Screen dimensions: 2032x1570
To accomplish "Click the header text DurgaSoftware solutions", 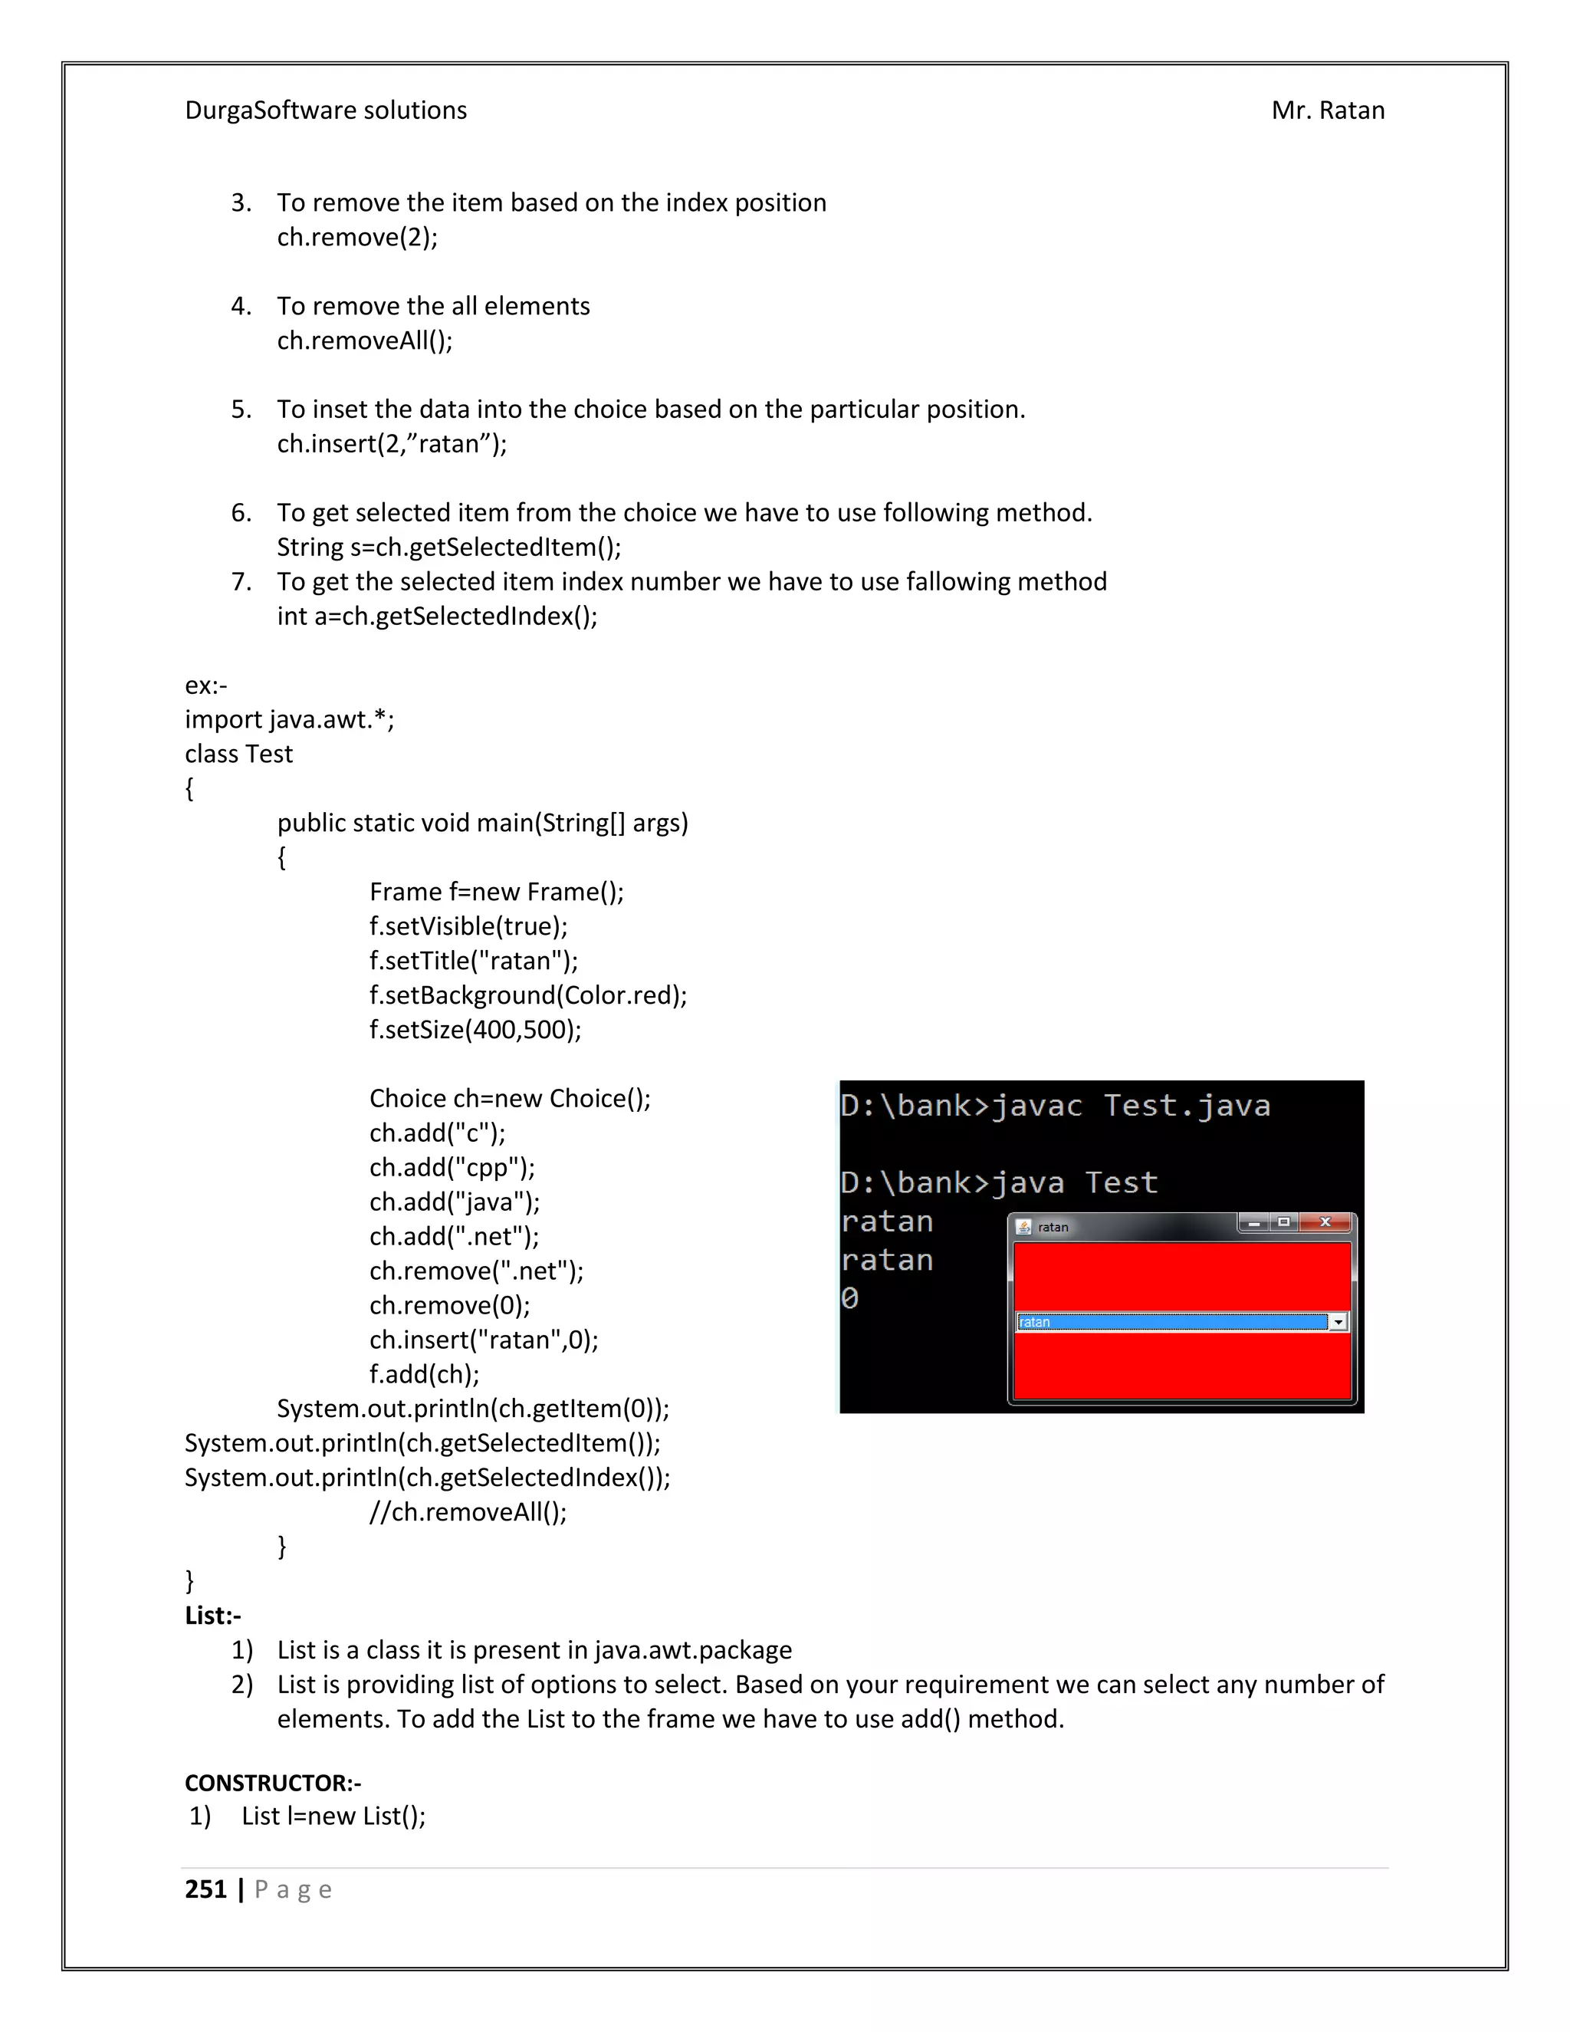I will pos(326,110).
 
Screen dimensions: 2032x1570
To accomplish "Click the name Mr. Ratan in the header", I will pos(1327,110).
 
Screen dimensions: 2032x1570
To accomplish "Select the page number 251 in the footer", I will pos(205,1889).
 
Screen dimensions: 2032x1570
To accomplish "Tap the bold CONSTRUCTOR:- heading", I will pos(272,1783).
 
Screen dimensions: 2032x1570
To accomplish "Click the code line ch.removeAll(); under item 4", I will pos(365,340).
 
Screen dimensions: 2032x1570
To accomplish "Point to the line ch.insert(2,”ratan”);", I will pos(392,444).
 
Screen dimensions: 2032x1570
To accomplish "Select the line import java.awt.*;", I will pos(289,719).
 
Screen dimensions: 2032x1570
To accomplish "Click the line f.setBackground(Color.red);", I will pos(527,995).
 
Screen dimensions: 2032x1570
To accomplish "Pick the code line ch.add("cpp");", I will pos(452,1168).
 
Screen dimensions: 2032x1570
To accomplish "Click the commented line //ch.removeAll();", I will pos(468,1512).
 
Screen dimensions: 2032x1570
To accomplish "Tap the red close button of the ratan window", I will pos(1325,1222).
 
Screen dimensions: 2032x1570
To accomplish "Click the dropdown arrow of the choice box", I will pos(1338,1322).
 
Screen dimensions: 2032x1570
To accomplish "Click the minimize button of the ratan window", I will pos(1253,1222).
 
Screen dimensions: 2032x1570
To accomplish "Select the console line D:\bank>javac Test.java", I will pos(1055,1106).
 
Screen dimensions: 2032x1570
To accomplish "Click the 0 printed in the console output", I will pos(849,1298).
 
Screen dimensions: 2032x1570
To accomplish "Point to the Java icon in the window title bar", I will pos(1024,1227).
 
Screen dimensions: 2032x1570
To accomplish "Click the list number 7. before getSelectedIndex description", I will pos(241,581).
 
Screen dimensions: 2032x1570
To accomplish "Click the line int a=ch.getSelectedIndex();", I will pos(437,616).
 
